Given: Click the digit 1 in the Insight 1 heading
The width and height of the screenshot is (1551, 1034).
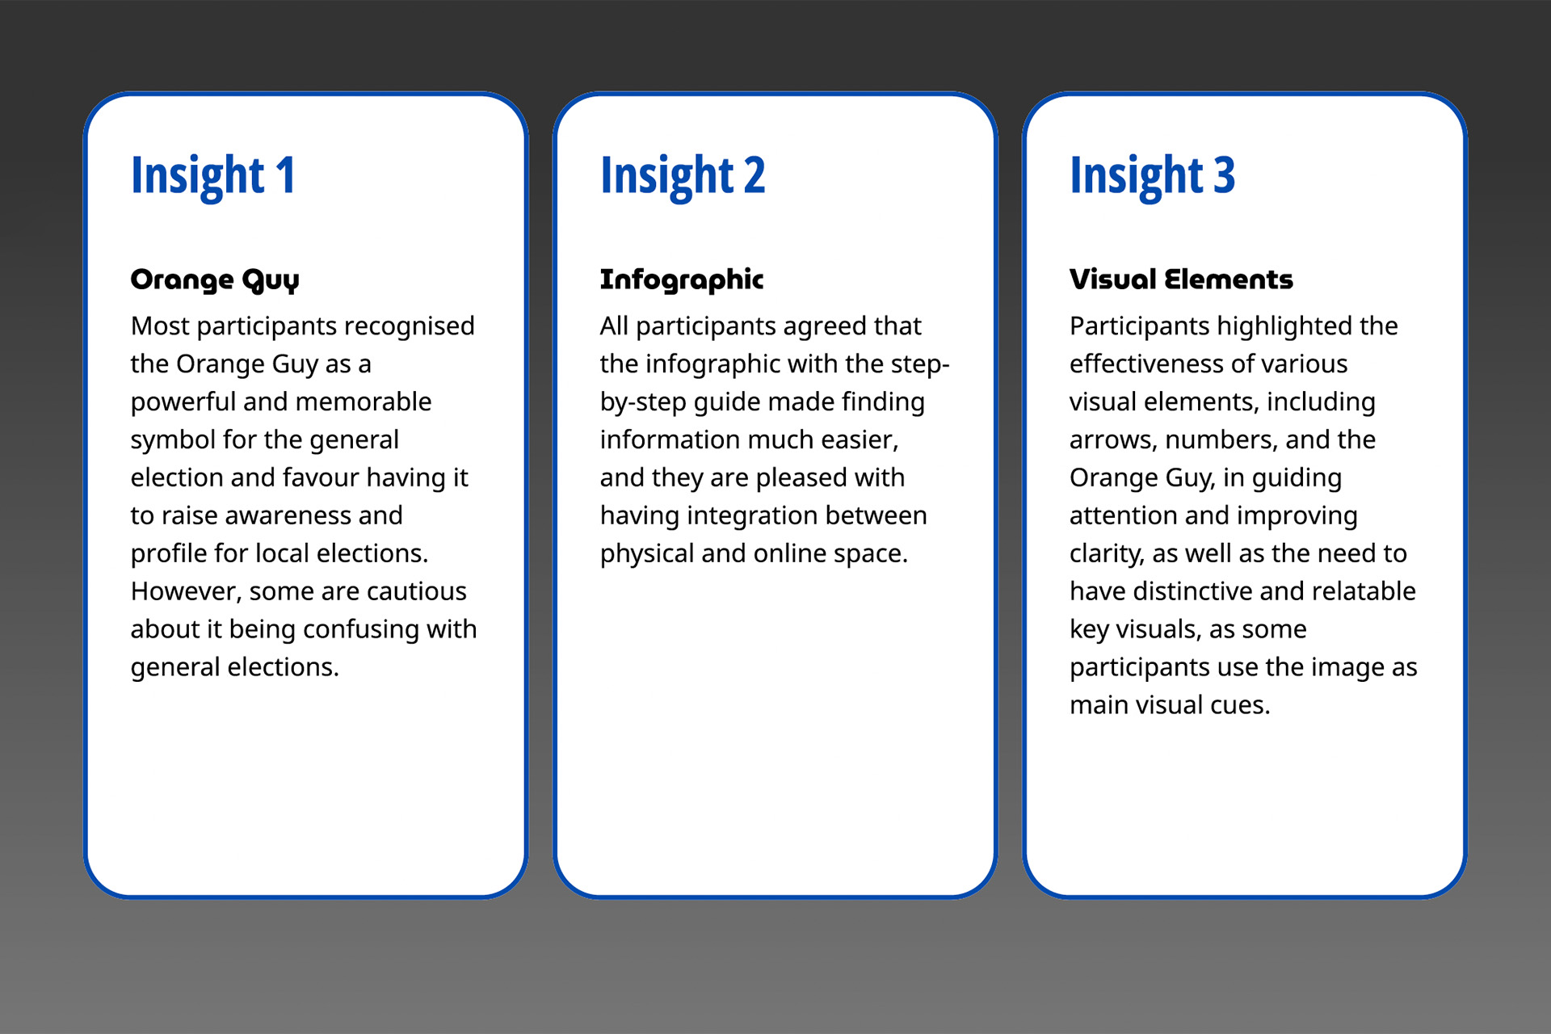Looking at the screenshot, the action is [x=286, y=174].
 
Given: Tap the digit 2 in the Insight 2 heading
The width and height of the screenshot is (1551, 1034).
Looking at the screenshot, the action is [x=754, y=174].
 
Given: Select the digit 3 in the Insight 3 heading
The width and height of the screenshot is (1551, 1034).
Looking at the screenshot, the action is [x=1225, y=174].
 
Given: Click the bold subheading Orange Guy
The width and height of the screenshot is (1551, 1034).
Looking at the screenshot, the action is [x=215, y=280].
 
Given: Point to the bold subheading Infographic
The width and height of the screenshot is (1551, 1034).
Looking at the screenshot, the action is [x=682, y=280].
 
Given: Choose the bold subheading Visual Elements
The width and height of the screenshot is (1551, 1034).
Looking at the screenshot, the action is [x=1181, y=279].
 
